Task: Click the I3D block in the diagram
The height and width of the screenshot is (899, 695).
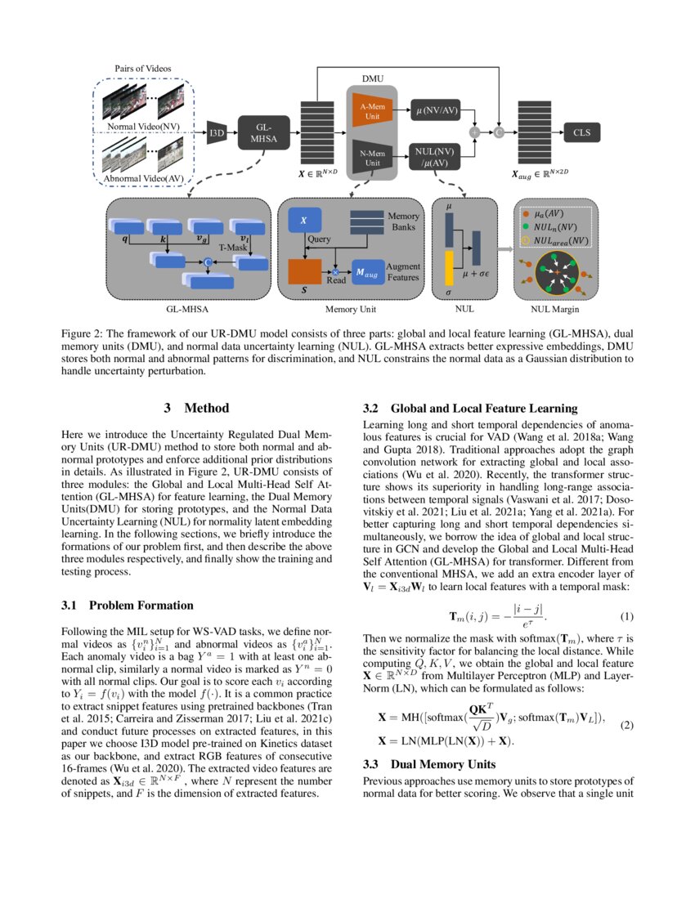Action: [x=217, y=133]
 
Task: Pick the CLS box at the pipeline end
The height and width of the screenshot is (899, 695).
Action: [x=581, y=132]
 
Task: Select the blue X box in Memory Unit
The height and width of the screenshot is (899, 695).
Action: [x=304, y=220]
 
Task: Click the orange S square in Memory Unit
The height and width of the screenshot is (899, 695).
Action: [x=305, y=271]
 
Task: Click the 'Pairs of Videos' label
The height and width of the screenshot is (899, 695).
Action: [x=144, y=68]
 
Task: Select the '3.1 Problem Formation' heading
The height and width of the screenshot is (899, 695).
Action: [x=128, y=606]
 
